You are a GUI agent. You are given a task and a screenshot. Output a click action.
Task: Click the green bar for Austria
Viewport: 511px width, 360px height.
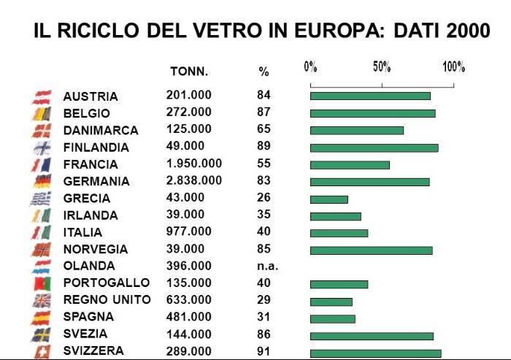tap(370, 96)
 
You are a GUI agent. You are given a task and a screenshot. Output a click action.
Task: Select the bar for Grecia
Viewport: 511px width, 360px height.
tap(328, 199)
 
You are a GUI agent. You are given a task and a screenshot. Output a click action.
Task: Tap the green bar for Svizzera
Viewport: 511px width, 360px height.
tap(375, 353)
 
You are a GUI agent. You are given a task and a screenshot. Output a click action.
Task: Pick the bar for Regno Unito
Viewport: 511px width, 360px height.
tap(331, 302)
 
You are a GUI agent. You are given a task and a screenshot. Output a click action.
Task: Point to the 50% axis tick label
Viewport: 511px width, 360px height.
tap(382, 67)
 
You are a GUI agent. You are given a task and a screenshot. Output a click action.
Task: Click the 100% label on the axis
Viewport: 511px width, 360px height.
tap(453, 67)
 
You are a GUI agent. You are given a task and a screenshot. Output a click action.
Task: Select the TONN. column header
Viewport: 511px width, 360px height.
tap(189, 72)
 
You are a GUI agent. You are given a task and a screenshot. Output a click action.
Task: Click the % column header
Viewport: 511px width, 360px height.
tap(264, 72)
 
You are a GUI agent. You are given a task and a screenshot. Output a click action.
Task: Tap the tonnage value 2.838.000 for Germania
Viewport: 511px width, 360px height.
tap(193, 180)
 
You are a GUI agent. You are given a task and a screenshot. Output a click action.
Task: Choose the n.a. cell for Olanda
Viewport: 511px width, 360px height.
tap(267, 266)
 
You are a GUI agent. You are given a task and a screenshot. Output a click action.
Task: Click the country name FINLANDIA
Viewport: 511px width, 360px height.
tap(96, 148)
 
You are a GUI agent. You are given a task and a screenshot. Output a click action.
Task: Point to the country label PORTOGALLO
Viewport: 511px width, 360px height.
tap(106, 283)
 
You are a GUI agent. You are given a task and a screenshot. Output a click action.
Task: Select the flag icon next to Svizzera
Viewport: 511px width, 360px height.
tap(41, 352)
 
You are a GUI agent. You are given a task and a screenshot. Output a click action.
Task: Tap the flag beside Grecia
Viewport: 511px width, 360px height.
tap(41, 198)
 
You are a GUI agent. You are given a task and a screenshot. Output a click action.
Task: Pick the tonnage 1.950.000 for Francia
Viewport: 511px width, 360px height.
tap(193, 164)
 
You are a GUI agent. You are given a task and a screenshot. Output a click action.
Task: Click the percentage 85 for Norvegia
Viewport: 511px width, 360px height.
tap(264, 249)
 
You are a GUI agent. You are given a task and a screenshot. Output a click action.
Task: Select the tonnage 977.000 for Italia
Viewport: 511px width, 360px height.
tap(188, 231)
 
